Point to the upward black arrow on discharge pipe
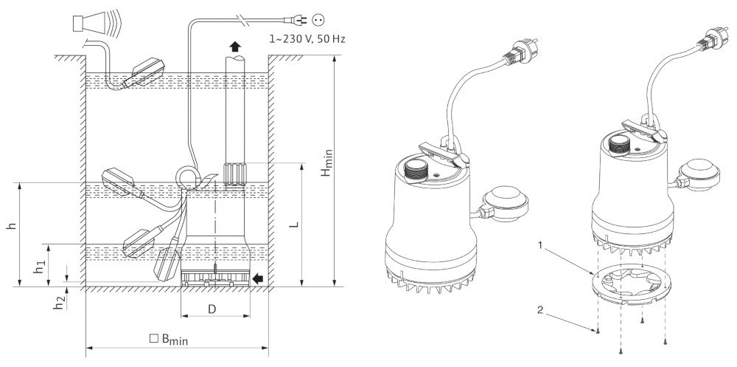coord(234,46)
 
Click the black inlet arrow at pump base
coord(257,278)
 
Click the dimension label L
coord(293,222)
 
